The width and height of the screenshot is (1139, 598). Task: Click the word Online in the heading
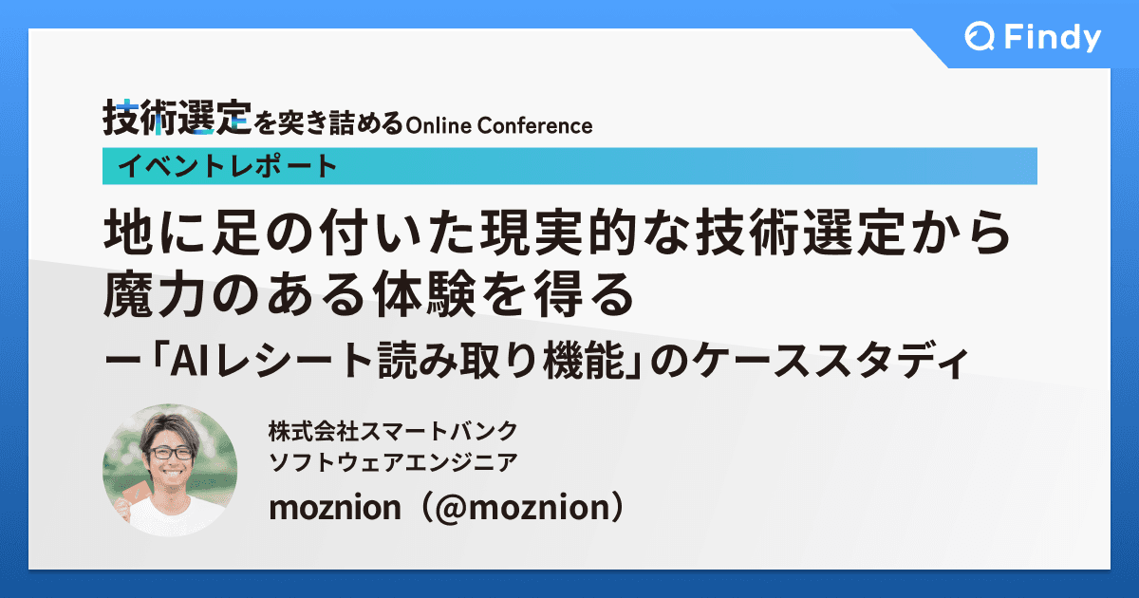click(437, 125)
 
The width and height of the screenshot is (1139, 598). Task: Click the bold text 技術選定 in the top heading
click(177, 118)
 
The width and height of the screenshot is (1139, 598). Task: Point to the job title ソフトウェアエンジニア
click(393, 462)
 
